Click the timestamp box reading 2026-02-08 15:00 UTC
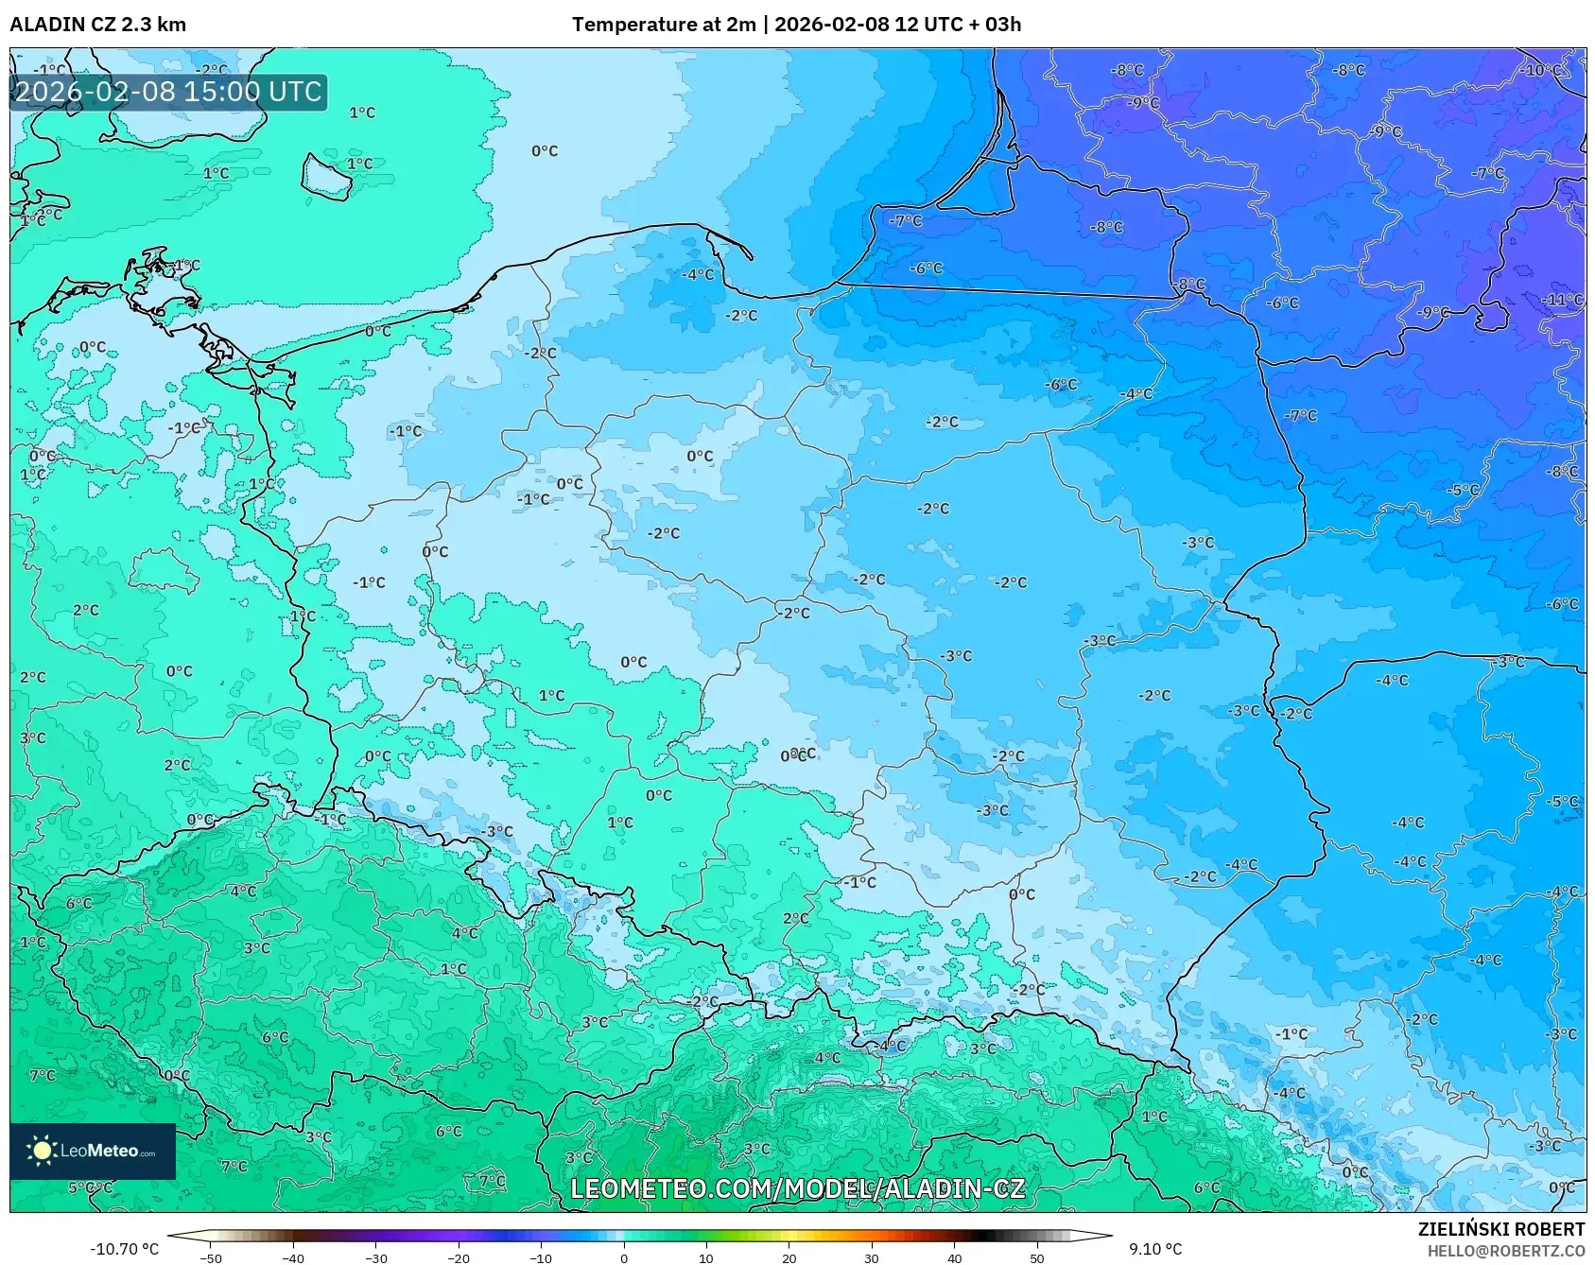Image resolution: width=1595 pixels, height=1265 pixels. click(x=168, y=92)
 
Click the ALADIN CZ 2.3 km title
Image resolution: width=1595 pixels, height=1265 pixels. click(x=97, y=25)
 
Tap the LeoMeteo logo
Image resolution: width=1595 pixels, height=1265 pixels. click(x=93, y=1151)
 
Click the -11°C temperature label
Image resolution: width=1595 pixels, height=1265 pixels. click(x=1561, y=300)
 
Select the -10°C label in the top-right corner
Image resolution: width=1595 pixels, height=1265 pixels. click(x=1540, y=70)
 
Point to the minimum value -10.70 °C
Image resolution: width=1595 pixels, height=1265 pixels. click(x=124, y=1249)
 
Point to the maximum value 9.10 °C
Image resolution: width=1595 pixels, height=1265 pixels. click(x=1155, y=1249)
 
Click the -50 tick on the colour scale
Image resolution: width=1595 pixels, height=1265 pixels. click(x=211, y=1257)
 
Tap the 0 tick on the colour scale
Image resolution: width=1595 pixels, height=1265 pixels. click(x=623, y=1257)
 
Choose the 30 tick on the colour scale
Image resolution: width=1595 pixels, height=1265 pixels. click(x=871, y=1257)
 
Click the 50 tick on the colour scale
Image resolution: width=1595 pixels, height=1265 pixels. click(x=1036, y=1257)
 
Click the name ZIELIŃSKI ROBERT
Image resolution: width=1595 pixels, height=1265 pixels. click(x=1500, y=1229)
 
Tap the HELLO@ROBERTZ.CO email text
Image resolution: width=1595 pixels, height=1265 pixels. click(x=1505, y=1251)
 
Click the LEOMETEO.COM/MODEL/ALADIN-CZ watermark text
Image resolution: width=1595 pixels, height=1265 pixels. click(x=797, y=1188)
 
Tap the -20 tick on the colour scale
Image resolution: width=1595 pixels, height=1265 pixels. click(x=458, y=1257)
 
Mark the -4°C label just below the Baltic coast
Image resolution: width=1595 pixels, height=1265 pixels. click(x=698, y=274)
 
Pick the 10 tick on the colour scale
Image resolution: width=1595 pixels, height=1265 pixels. click(x=705, y=1257)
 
